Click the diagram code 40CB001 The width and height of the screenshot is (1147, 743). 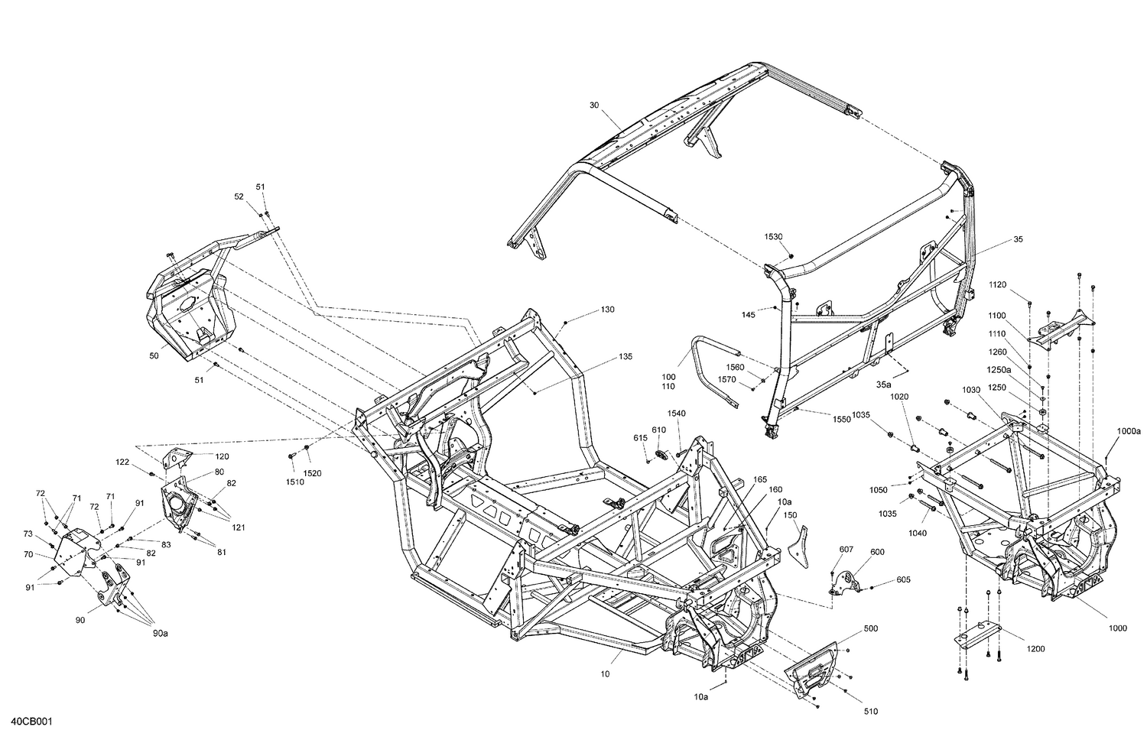click(32, 722)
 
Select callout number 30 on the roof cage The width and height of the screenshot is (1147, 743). click(594, 105)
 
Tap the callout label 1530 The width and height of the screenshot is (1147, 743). click(772, 237)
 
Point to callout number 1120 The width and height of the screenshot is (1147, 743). click(997, 284)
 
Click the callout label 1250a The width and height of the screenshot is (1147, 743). click(996, 370)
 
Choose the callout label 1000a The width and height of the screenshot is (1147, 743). click(1128, 431)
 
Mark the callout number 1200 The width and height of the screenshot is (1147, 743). click(1035, 649)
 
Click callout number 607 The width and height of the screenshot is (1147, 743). click(846, 549)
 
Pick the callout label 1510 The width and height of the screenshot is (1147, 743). click(294, 482)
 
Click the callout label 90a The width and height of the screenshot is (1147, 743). click(159, 633)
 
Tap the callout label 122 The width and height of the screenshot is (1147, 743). click(122, 462)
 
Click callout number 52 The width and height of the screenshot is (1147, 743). click(239, 196)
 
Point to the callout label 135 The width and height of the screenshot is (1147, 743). click(625, 356)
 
